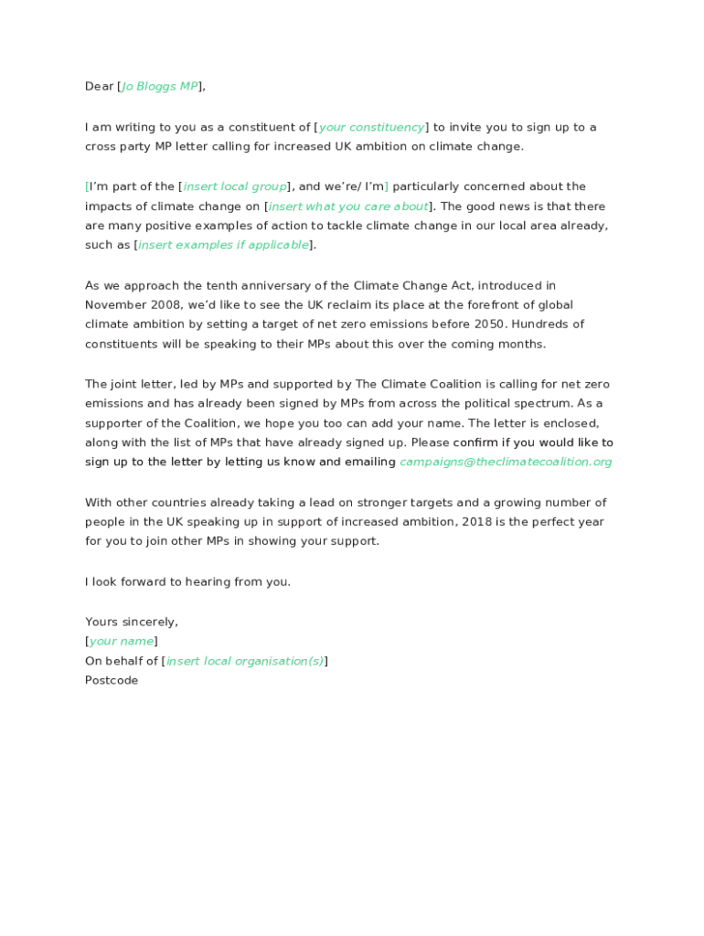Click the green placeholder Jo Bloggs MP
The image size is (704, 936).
point(160,87)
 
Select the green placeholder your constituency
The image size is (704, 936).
point(371,127)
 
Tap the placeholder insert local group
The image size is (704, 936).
point(235,186)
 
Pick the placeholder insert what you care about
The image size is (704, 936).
point(348,207)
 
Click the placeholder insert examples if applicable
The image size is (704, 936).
point(223,245)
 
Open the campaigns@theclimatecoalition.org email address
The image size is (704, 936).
point(506,463)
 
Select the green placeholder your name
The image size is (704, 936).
point(122,642)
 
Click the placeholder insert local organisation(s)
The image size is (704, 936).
point(245,661)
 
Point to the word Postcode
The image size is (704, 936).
point(112,681)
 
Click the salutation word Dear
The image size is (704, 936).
point(99,87)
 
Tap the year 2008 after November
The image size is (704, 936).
point(163,305)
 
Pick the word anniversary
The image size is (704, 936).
point(273,286)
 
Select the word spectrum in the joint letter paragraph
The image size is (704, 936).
point(538,403)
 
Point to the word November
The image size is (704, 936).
point(115,305)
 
